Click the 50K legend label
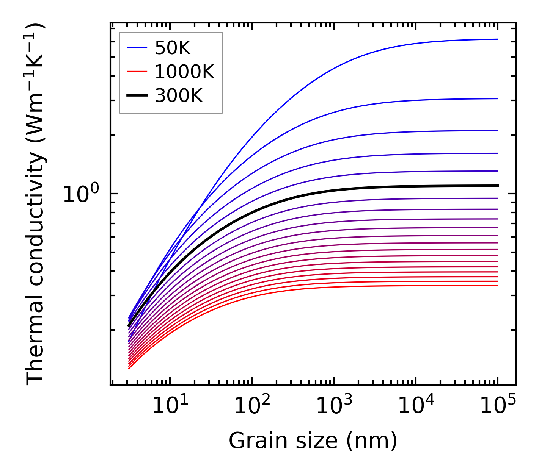[x=173, y=48]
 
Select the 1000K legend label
[x=184, y=72]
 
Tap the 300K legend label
[x=179, y=96]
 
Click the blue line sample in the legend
[x=137, y=48]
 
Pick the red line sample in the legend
[x=137, y=72]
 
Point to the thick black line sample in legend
[x=137, y=96]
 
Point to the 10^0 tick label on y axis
[x=81, y=194]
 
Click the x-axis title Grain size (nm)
[x=313, y=441]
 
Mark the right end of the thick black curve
[x=498, y=186]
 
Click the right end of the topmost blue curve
[x=498, y=39]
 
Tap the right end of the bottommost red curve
[x=498, y=285]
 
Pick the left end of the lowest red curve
[x=129, y=368]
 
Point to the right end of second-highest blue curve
[x=498, y=98]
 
